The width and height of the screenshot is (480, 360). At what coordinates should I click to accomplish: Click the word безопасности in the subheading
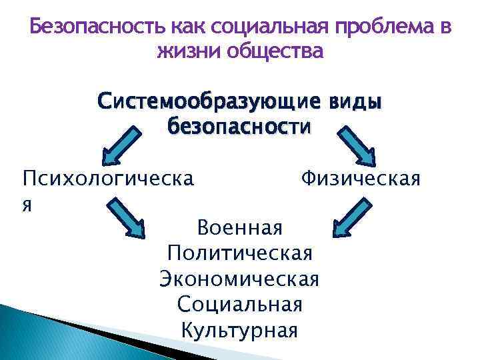[240, 125]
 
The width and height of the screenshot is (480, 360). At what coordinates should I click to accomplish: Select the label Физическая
[360, 179]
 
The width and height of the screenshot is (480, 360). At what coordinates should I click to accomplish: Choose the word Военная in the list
[240, 228]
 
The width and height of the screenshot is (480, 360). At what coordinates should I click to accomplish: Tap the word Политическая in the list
[240, 254]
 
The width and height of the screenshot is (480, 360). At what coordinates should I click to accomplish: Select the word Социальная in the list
[240, 305]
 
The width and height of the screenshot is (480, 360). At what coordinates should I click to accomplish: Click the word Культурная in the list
[240, 330]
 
